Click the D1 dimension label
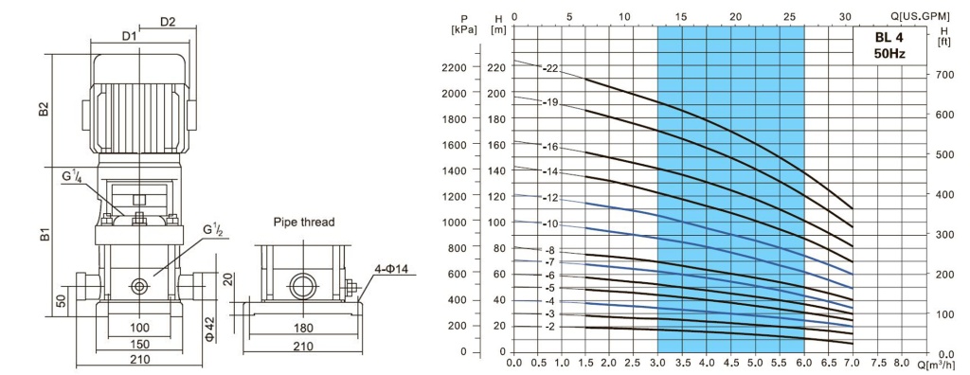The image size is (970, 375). point(129,37)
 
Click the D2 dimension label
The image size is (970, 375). point(169,23)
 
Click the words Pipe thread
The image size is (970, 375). point(303,223)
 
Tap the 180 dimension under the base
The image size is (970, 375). point(303,328)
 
